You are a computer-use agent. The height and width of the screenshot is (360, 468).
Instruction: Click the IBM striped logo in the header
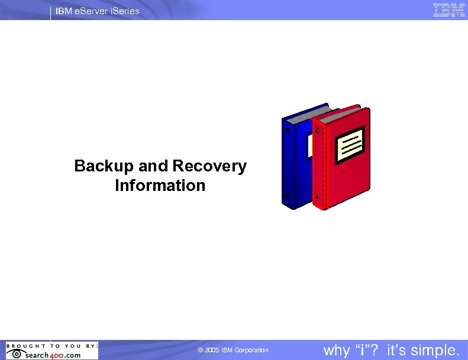click(448, 10)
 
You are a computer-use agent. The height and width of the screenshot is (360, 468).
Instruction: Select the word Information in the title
click(160, 186)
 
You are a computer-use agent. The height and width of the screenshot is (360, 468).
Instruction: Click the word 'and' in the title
click(154, 167)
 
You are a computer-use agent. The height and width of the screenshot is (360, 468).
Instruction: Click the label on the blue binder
click(309, 145)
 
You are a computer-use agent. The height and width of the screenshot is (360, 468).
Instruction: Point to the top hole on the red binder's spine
click(317, 129)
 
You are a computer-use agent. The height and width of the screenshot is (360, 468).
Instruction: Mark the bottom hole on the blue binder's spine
click(288, 196)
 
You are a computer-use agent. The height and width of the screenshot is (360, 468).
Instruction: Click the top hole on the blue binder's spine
click(288, 128)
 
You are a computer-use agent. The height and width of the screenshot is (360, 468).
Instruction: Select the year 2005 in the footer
click(212, 351)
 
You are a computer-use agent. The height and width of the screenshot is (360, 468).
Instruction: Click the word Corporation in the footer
click(251, 351)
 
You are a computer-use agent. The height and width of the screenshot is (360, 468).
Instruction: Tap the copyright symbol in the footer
click(201, 351)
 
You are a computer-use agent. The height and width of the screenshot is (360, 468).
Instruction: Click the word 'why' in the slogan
click(337, 351)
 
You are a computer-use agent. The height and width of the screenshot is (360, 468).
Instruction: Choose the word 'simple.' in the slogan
click(435, 351)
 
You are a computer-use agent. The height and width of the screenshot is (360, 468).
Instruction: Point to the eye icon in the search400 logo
click(15, 354)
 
